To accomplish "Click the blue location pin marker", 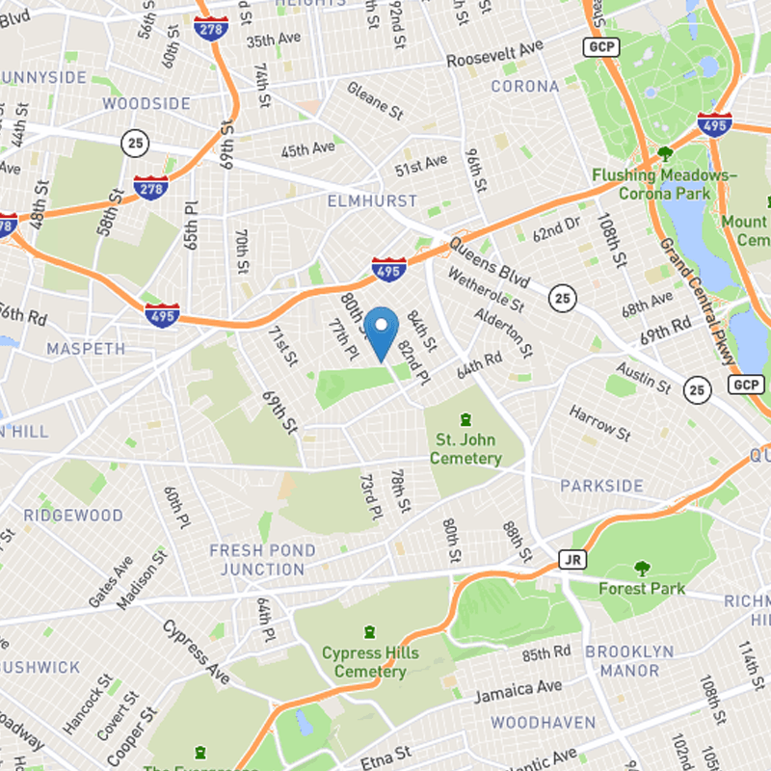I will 384,332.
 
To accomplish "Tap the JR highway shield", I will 572,559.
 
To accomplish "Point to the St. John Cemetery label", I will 465,450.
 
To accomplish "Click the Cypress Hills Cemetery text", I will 370,662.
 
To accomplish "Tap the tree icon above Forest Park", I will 641,569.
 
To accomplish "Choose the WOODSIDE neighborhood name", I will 146,103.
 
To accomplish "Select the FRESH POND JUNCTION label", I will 262,560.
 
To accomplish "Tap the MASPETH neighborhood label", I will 86,348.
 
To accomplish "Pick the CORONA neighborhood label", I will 525,86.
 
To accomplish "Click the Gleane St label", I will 375,101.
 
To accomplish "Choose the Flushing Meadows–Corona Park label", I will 664,184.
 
